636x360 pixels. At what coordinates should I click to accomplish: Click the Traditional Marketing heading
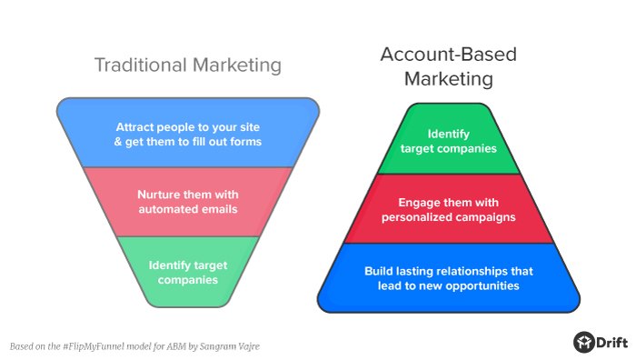188,65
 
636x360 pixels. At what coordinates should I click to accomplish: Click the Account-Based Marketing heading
449,66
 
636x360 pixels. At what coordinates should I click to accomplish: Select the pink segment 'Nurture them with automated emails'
188,201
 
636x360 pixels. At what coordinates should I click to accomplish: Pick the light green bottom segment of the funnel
188,271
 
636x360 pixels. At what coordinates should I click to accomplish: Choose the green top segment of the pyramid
449,140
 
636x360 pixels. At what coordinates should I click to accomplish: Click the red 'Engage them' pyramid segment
449,209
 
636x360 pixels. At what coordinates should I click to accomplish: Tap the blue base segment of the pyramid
449,278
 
